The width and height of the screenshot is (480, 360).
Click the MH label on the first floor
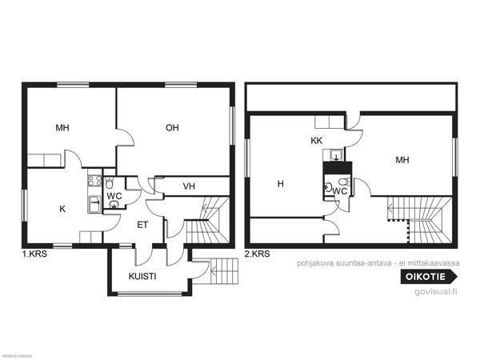[x=62, y=128]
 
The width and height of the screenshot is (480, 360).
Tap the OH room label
[x=172, y=128]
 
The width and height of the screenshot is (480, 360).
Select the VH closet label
[x=190, y=186]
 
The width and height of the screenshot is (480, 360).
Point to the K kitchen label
[x=62, y=209]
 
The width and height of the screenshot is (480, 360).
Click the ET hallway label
[x=142, y=225]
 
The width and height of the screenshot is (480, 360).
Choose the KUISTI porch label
[x=142, y=276]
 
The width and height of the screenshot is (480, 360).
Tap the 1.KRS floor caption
[x=34, y=254]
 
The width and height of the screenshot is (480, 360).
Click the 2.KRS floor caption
[x=258, y=254]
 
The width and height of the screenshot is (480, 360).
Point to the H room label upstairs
[x=280, y=184]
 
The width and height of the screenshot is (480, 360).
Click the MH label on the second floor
[x=402, y=160]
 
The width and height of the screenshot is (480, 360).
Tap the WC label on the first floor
[x=114, y=195]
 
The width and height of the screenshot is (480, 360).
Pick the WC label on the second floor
[x=339, y=191]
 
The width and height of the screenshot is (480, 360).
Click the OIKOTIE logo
[x=427, y=277]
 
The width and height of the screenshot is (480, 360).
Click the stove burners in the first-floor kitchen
[x=93, y=181]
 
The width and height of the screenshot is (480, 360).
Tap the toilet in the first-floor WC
[x=110, y=203]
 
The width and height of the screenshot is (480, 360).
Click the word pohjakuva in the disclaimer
[x=313, y=262]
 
